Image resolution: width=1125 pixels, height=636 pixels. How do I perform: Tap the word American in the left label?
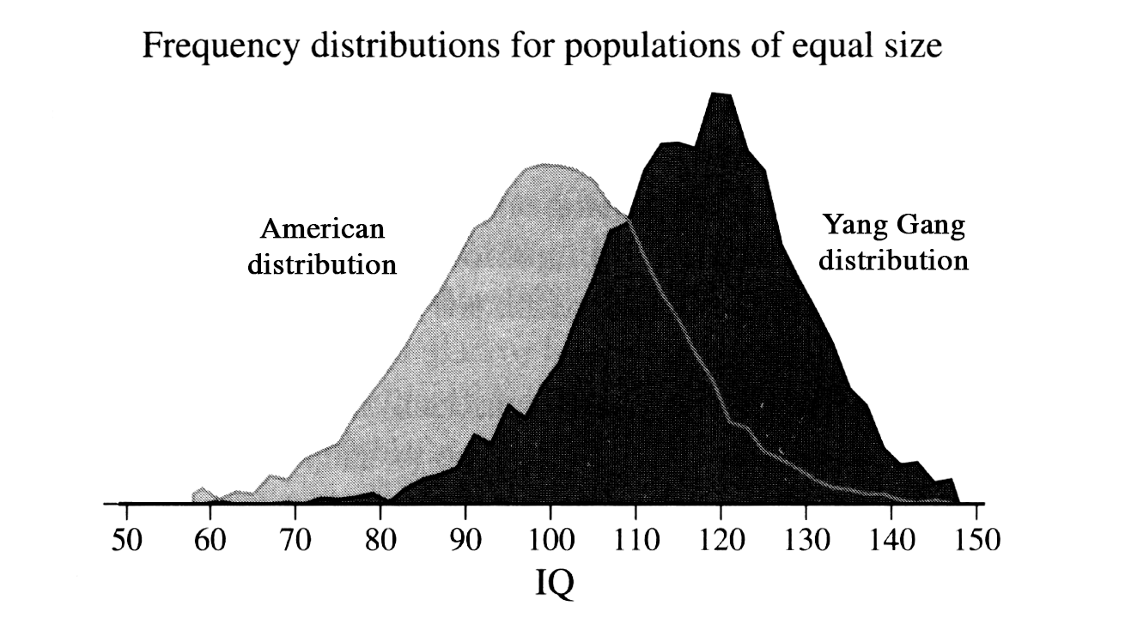(322, 230)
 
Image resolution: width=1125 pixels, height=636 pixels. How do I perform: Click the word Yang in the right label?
(850, 227)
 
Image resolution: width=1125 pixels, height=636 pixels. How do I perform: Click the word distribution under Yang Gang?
(893, 260)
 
